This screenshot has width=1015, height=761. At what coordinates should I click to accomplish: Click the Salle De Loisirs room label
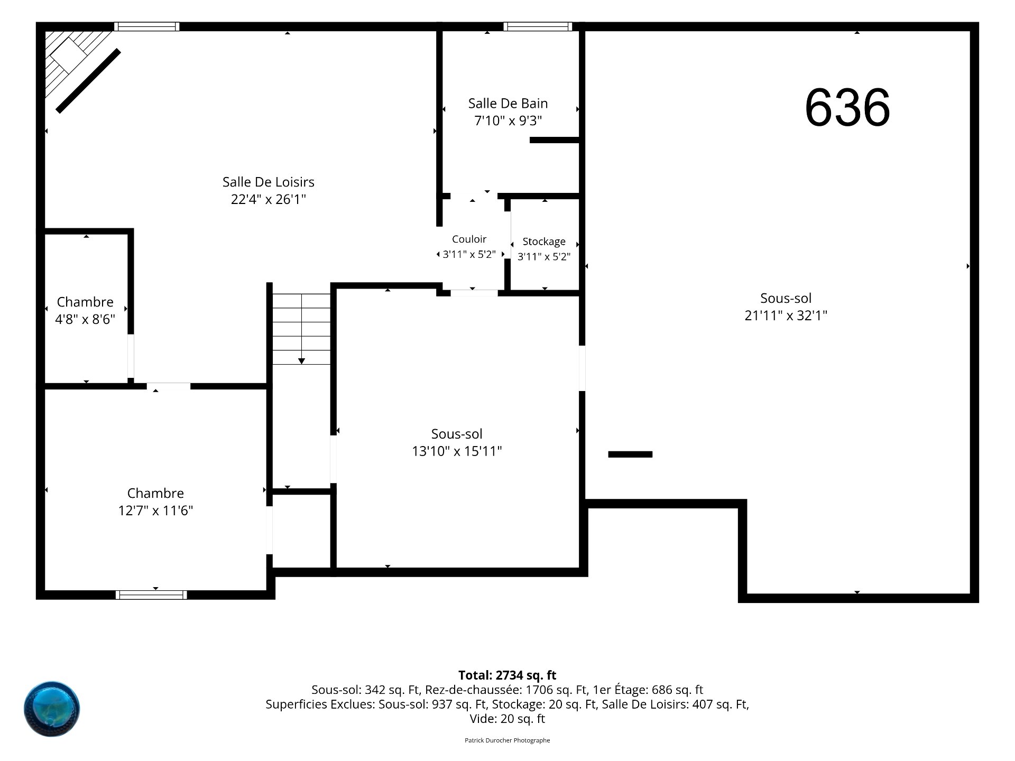click(269, 182)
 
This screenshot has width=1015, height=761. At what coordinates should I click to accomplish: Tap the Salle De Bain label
click(508, 103)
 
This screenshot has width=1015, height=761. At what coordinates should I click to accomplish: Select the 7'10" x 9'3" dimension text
click(508, 121)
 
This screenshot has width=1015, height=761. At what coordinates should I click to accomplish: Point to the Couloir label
click(469, 239)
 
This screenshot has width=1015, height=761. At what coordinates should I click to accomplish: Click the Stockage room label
click(544, 242)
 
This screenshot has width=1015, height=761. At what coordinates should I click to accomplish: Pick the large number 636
click(847, 108)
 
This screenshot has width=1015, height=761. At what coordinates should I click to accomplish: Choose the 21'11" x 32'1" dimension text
click(786, 315)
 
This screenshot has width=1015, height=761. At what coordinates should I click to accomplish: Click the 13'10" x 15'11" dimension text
click(457, 451)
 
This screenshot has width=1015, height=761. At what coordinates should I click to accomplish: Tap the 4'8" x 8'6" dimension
click(85, 320)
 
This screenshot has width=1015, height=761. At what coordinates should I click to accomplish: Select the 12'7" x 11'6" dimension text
click(155, 511)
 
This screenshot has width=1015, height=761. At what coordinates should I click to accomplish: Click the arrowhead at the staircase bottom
click(301, 361)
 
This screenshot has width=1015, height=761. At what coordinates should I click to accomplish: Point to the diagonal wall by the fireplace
click(88, 81)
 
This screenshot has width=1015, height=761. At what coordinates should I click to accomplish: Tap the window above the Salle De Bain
click(538, 26)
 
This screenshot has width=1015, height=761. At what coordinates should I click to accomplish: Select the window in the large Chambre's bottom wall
click(151, 595)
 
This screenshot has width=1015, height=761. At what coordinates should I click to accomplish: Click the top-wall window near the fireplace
click(147, 26)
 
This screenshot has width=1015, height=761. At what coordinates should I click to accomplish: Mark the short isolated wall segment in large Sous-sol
click(630, 454)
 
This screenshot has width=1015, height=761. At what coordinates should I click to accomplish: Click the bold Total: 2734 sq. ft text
click(508, 675)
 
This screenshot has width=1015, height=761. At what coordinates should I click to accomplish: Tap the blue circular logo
click(52, 709)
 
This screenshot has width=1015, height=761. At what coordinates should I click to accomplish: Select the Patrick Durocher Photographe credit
click(508, 740)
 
